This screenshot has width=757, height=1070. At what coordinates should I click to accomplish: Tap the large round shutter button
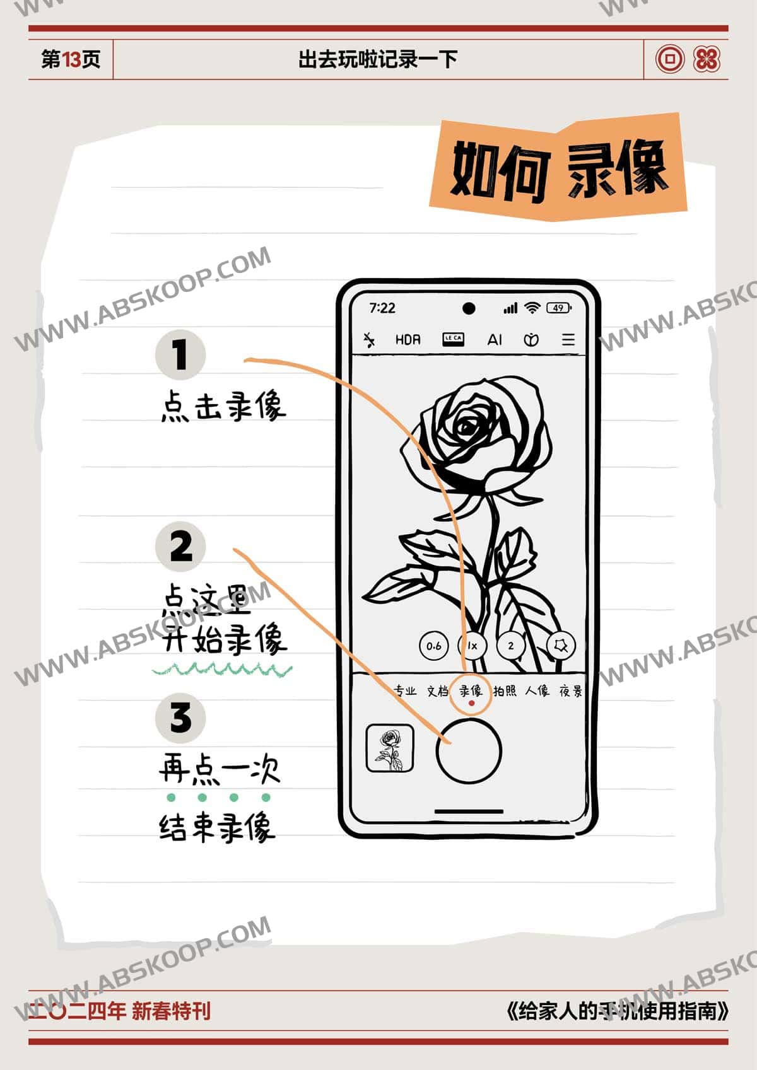pos(469,751)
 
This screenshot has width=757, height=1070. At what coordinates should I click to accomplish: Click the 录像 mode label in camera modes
pos(470,690)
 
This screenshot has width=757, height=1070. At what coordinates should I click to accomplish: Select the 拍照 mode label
pos(505,691)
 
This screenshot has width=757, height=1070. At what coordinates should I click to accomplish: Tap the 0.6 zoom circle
pos(434,646)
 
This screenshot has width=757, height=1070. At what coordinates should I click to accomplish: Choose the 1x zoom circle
pos(472,646)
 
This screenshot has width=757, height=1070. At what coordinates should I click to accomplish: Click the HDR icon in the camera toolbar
pos(408,340)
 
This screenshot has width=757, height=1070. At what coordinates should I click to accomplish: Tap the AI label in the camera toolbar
pos(495,340)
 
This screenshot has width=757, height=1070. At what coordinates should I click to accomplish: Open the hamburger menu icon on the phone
pos(568,340)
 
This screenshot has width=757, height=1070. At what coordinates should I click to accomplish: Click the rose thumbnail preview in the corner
pos(390,748)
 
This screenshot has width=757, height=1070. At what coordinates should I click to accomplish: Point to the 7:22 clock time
pos(382,308)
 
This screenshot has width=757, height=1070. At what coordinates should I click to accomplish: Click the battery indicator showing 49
pos(559,308)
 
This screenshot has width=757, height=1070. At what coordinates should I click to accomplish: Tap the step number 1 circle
pos(180,354)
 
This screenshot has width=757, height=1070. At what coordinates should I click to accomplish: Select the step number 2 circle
pos(181,546)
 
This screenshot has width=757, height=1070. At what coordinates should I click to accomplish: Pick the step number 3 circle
pos(180,718)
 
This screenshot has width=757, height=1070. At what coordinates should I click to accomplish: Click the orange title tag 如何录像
pos(558,168)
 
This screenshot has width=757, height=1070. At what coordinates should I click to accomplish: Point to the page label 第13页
pos(71,59)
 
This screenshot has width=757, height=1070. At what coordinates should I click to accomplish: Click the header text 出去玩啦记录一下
pos(377,59)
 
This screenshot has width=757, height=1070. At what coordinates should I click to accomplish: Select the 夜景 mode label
pos(571,691)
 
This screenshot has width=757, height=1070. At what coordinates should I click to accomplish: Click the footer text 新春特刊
pos(171,1011)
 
